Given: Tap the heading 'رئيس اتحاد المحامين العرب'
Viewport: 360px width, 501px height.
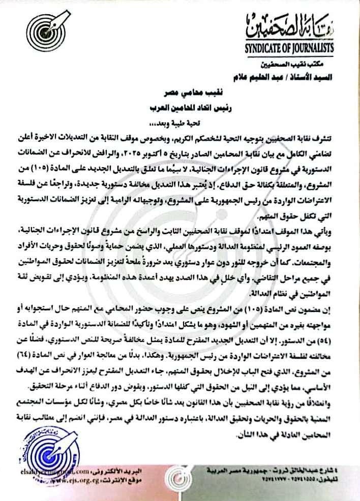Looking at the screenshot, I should (181, 108).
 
